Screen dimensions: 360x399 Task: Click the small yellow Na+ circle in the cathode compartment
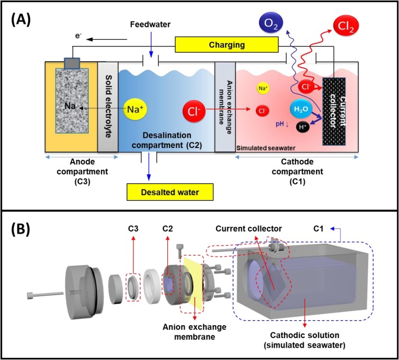262,88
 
